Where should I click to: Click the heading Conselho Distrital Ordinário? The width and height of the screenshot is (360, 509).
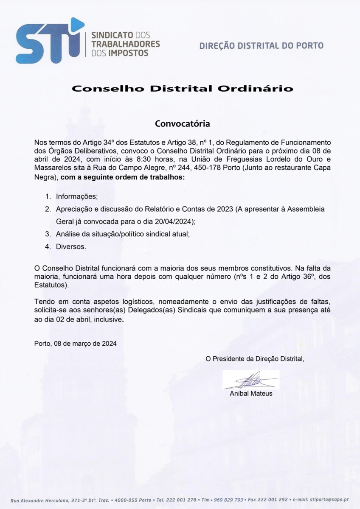point(182,89)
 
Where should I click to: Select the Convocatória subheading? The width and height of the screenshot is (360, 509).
point(182,124)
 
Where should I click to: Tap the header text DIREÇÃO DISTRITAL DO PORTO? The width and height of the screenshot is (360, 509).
point(261,45)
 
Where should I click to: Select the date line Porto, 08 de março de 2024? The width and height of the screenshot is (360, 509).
point(75,344)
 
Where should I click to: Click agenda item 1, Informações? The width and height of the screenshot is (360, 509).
point(77,197)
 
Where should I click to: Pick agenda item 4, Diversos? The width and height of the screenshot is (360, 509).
point(71,246)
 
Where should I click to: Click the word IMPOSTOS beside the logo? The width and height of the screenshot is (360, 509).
point(129,53)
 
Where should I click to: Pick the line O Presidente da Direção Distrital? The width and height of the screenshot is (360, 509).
point(255,359)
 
